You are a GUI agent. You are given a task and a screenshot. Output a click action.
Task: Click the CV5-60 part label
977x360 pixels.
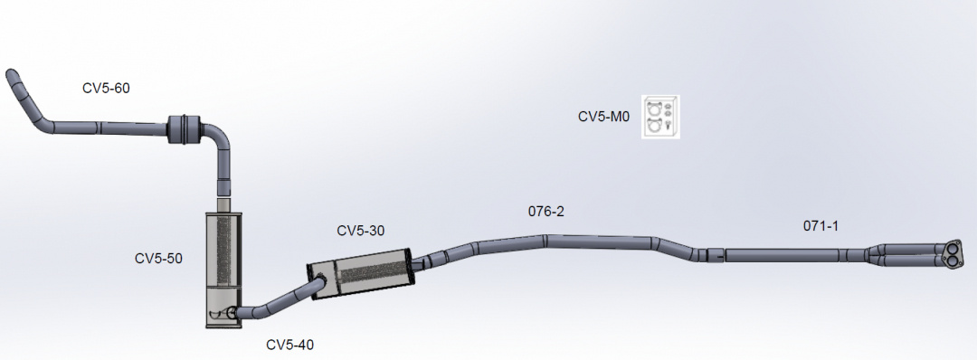(106, 89)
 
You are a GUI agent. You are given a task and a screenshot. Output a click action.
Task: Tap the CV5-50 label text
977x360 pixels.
(158, 258)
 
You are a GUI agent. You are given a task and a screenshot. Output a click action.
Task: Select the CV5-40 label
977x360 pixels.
(289, 345)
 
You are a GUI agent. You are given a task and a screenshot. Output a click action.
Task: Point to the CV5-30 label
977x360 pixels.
(361, 231)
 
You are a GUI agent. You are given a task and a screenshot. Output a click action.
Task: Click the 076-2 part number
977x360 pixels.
(545, 211)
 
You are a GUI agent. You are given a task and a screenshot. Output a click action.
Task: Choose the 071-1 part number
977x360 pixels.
(820, 226)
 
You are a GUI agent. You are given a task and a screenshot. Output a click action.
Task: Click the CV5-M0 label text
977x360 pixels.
(604, 117)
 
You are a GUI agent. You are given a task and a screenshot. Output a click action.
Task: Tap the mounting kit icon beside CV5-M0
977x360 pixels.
(661, 117)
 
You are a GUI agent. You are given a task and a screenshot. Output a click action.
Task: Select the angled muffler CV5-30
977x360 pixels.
(359, 274)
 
